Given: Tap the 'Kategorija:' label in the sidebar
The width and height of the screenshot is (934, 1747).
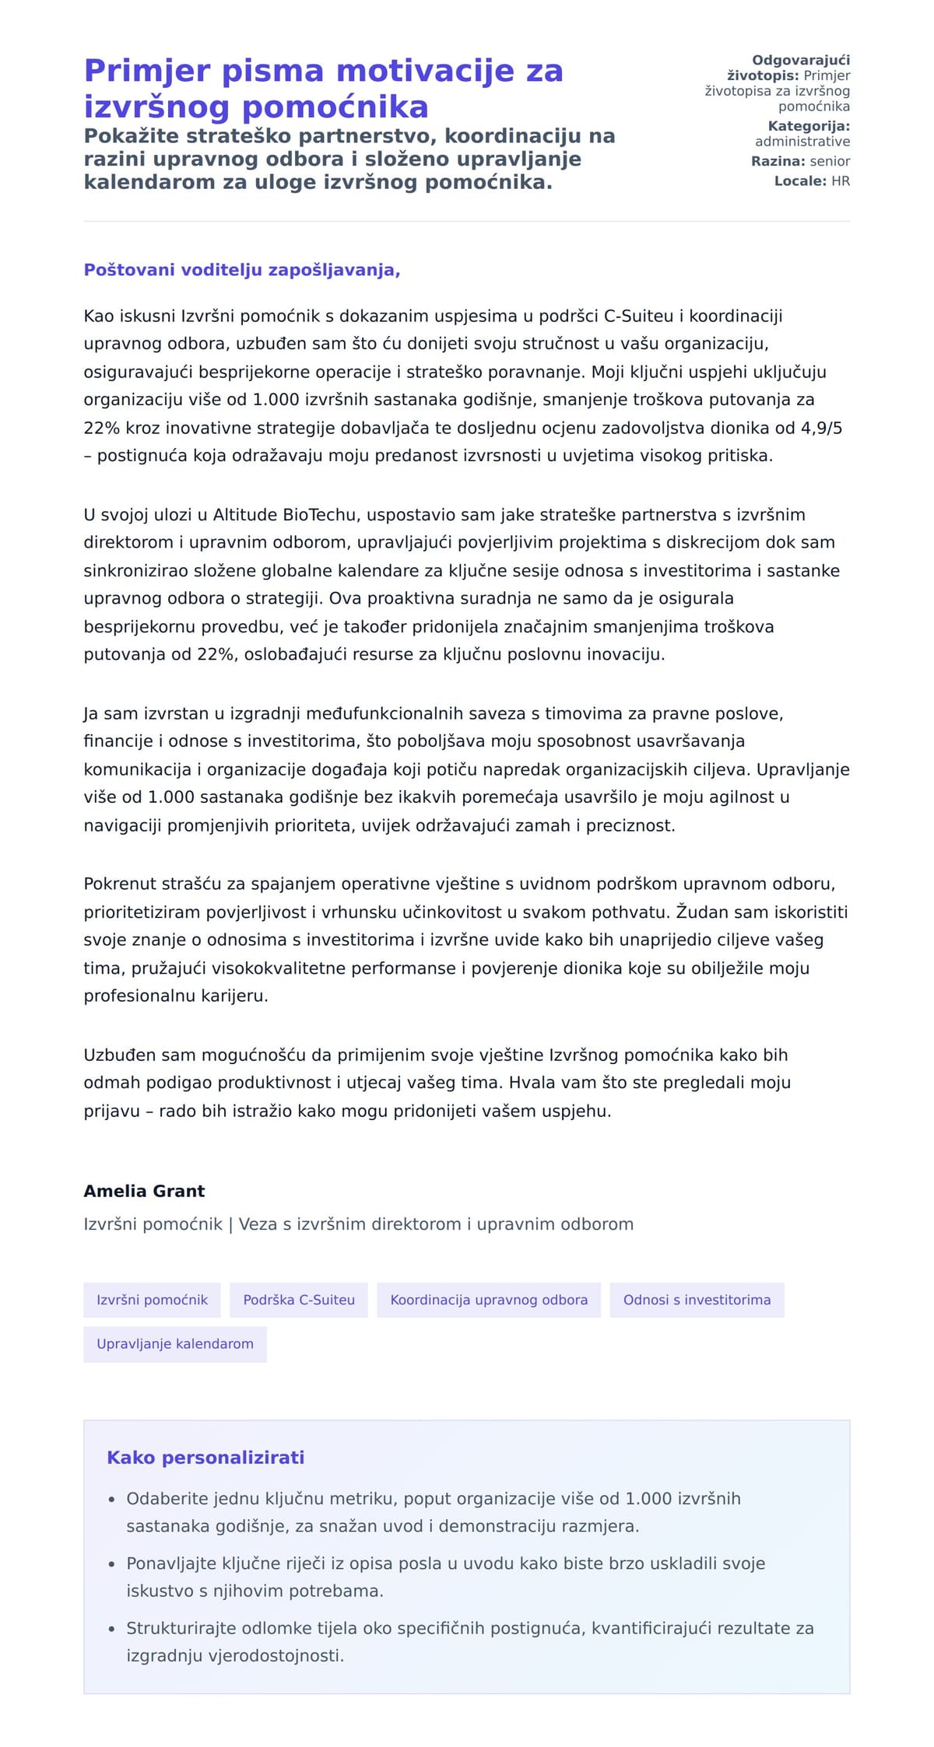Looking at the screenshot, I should (809, 126).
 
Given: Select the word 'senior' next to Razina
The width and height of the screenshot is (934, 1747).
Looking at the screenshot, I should (830, 162).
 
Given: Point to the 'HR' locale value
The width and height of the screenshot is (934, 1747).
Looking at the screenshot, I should (841, 181).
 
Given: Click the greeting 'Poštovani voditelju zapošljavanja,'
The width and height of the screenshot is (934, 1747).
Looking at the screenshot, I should (242, 270).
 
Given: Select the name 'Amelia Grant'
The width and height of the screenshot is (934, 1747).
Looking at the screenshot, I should (144, 1191).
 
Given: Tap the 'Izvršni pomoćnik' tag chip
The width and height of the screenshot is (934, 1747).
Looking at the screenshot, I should (152, 1300).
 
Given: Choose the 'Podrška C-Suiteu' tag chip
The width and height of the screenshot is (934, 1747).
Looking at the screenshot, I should (299, 1300).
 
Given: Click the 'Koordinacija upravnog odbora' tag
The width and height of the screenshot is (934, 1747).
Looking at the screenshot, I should (489, 1300).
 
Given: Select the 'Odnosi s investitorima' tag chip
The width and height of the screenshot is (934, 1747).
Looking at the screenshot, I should (697, 1300).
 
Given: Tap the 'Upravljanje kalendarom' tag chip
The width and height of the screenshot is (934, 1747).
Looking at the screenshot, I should (175, 1343).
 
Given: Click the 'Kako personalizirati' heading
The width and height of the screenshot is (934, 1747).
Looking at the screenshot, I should (205, 1458).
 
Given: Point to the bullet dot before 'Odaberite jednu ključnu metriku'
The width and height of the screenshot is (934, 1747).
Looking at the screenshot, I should (112, 1500).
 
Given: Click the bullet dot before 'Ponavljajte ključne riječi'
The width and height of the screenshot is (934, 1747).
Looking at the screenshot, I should (112, 1564).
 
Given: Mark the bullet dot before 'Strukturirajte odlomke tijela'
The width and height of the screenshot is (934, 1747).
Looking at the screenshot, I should (112, 1629).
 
